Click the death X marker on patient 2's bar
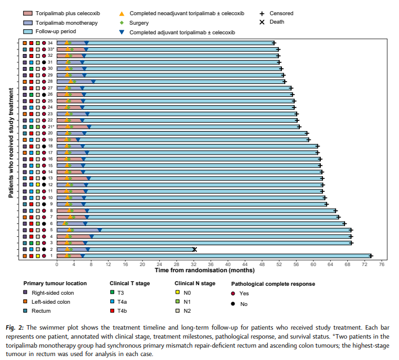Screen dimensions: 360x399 point(195,249)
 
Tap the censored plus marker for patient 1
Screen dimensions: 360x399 point(371,256)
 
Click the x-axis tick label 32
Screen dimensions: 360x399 point(194,264)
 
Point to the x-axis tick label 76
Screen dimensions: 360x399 point(382,264)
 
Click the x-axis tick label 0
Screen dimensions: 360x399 point(57,264)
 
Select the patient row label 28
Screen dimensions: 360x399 point(51,82)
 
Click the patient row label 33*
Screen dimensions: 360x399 point(51,49)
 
